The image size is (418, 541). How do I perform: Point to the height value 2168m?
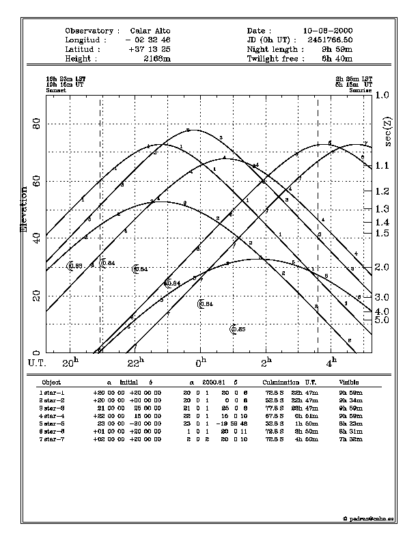click(157, 59)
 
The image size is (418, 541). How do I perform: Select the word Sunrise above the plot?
click(361, 90)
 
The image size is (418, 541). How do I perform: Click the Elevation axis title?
click(25, 208)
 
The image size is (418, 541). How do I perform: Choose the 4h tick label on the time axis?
click(331, 361)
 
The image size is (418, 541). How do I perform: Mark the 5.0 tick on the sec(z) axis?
click(382, 320)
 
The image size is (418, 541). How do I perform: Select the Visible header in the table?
click(349, 383)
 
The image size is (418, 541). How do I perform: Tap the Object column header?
click(51, 383)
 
